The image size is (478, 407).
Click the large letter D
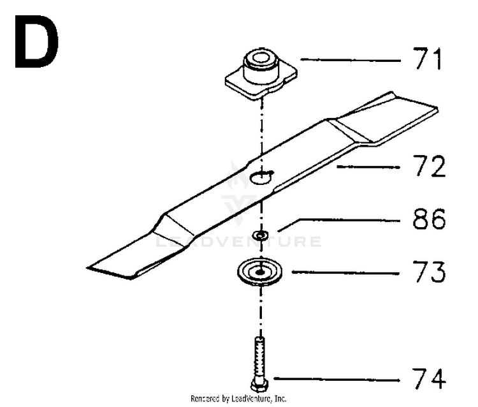(x=36, y=42)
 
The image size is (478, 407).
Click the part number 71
(x=427, y=59)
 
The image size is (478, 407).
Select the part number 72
(x=429, y=166)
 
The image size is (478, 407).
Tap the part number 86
(x=429, y=218)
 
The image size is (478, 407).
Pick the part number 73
(x=429, y=272)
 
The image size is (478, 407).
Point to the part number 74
(x=429, y=378)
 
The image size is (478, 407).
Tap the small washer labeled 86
(x=260, y=235)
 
